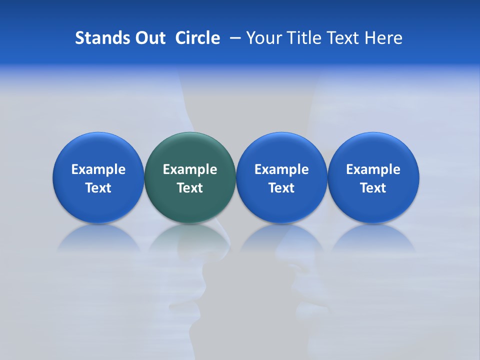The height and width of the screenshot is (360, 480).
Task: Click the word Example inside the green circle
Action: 190,169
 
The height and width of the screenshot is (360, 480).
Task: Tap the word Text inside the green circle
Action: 190,188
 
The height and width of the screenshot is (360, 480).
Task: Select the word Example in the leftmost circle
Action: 98,169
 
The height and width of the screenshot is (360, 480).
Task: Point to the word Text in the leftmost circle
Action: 98,188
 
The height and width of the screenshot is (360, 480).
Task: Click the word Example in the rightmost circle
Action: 373,169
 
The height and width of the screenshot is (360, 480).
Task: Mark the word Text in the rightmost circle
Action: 373,188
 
